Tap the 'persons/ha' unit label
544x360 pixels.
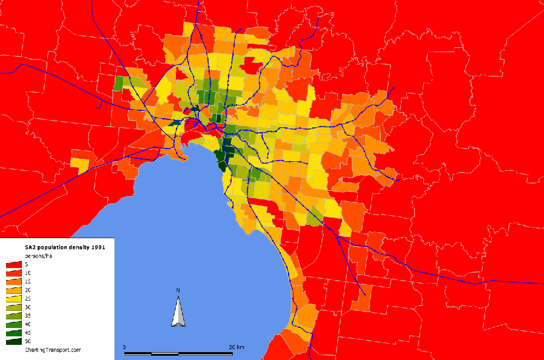(x=38, y=256)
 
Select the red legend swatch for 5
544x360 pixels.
(x=14, y=265)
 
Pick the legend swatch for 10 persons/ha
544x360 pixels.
(x=14, y=273)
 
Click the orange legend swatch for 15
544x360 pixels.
(x=14, y=282)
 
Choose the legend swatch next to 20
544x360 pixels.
(x=14, y=290)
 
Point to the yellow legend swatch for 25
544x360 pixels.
(x=14, y=299)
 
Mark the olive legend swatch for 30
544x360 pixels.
(x=14, y=307)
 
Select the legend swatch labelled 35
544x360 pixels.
(x=14, y=316)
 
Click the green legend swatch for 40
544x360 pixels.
(x=14, y=324)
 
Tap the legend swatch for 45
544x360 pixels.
(x=14, y=333)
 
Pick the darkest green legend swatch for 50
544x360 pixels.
(x=14, y=341)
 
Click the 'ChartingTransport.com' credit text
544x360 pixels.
(x=52, y=350)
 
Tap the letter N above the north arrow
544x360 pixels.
(x=178, y=291)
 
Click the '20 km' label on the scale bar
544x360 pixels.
(x=237, y=347)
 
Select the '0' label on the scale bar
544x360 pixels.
(x=124, y=347)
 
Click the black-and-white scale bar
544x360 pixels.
(x=178, y=353)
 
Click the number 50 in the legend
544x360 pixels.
(x=29, y=342)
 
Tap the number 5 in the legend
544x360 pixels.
(x=27, y=265)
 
